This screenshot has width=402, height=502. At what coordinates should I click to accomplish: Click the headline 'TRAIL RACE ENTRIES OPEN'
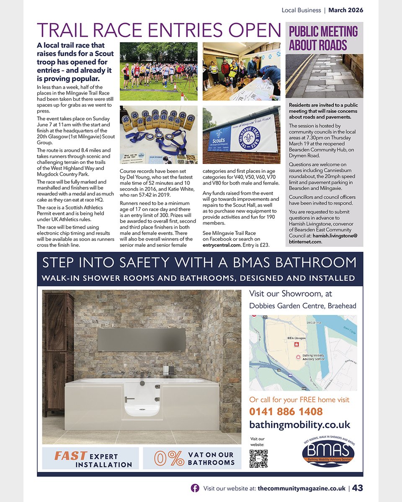coord(159,30)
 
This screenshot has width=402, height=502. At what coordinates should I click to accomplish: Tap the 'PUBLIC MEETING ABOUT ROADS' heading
coord(323,38)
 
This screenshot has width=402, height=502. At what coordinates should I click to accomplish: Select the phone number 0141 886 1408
coord(286,411)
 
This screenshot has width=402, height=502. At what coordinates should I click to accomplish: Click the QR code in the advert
coord(258,458)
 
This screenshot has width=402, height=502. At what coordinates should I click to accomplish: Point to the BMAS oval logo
coord(328,452)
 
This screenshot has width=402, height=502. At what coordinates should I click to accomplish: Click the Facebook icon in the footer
coord(195,488)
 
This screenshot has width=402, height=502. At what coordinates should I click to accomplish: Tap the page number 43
coord(357,488)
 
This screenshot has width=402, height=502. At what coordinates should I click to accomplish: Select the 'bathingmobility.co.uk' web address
coord(299,425)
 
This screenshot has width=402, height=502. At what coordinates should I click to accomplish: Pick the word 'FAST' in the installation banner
coord(70,456)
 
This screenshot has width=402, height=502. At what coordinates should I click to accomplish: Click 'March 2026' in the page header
coord(345,10)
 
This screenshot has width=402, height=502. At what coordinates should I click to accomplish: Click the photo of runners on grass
coord(158,71)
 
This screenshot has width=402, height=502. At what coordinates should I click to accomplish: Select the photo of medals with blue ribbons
coord(158,135)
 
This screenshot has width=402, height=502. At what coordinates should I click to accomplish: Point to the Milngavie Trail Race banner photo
coord(241,135)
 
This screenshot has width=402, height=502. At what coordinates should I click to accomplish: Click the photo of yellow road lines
coord(324,76)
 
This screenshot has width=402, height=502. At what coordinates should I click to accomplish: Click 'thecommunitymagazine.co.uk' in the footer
coord(301,488)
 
